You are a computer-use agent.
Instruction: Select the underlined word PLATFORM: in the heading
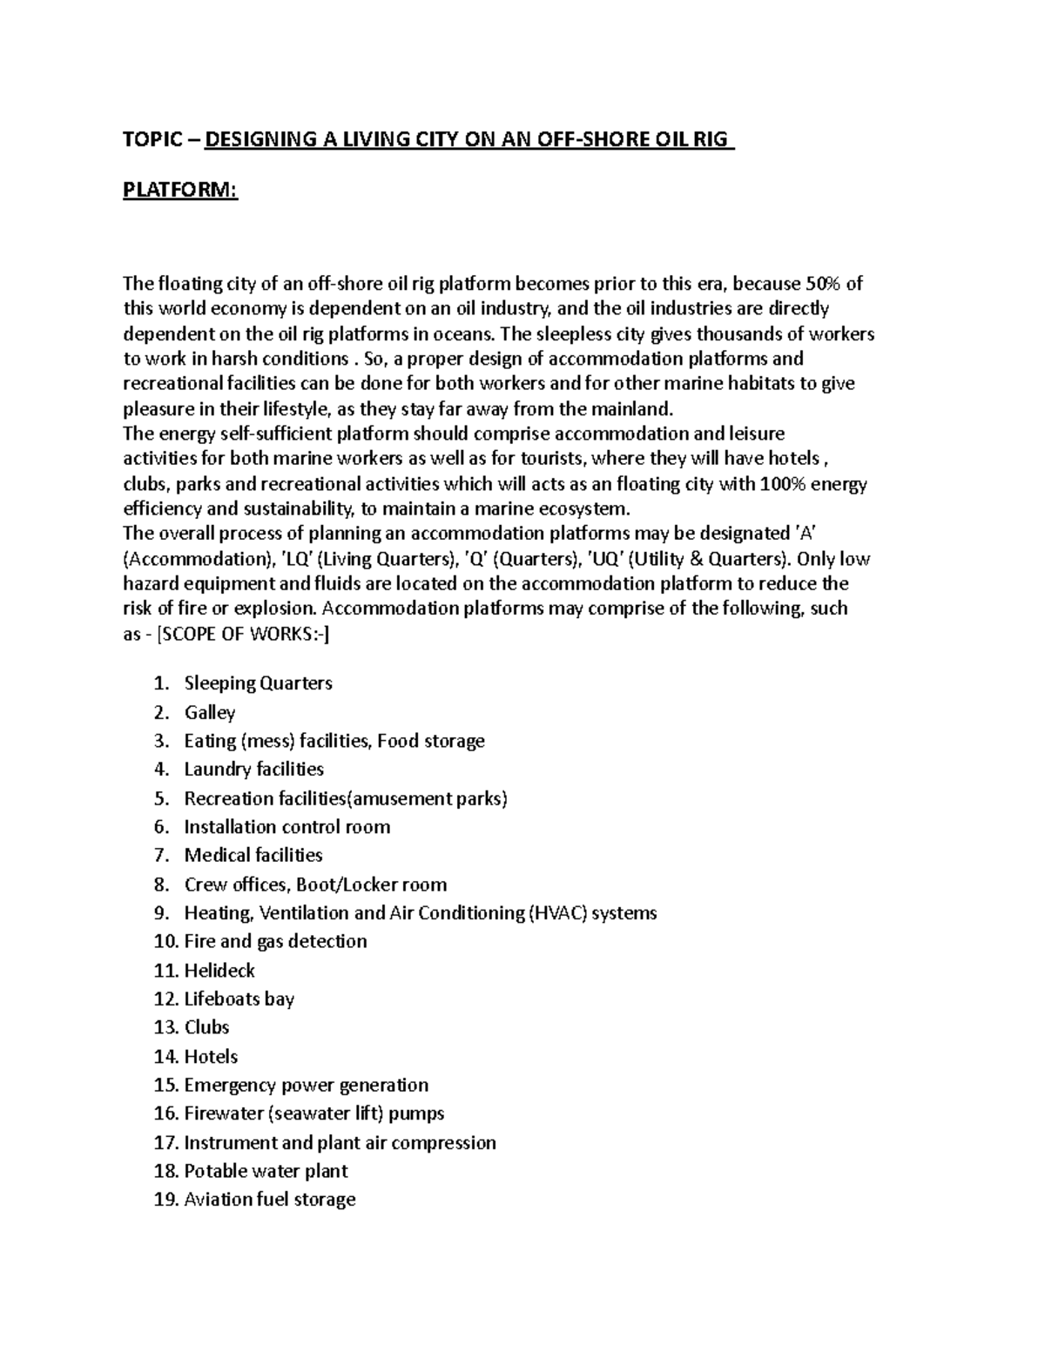click(179, 190)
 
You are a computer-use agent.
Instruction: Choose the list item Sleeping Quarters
click(258, 683)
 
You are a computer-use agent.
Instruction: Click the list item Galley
click(210, 712)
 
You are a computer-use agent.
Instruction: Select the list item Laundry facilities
click(253, 769)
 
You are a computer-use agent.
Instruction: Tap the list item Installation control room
click(287, 826)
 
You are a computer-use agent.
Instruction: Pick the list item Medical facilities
click(253, 855)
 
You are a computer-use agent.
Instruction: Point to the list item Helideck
click(219, 970)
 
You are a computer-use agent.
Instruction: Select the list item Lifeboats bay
click(239, 999)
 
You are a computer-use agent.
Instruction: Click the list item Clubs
click(206, 1027)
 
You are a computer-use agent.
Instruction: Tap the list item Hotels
click(211, 1056)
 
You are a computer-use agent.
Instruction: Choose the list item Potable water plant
click(266, 1171)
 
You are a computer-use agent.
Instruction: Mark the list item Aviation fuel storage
click(270, 1200)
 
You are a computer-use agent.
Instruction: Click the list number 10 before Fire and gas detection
click(164, 941)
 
